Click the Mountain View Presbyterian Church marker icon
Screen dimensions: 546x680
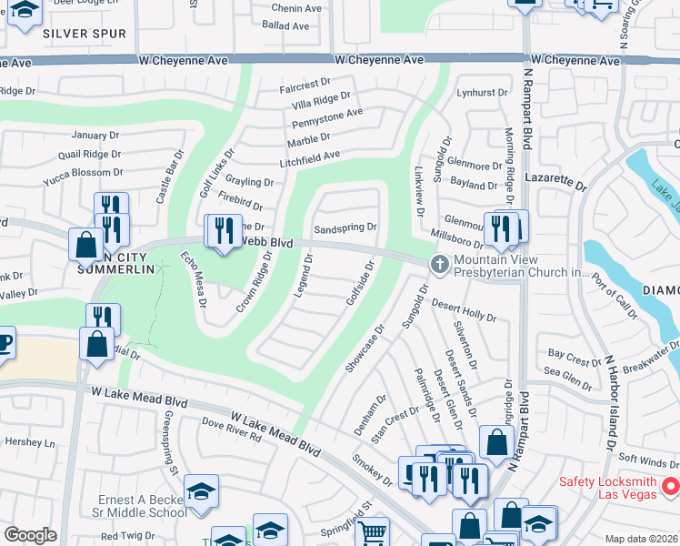[439, 264]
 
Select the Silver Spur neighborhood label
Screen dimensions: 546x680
[80, 33]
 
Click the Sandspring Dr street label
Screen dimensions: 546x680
[345, 227]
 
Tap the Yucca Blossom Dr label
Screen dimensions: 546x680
[84, 172]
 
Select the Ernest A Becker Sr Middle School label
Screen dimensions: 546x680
[143, 506]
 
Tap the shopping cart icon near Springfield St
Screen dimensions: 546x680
[372, 532]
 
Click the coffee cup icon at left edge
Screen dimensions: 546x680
[5, 344]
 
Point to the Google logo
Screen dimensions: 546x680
[30, 535]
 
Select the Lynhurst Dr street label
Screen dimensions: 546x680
[482, 93]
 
